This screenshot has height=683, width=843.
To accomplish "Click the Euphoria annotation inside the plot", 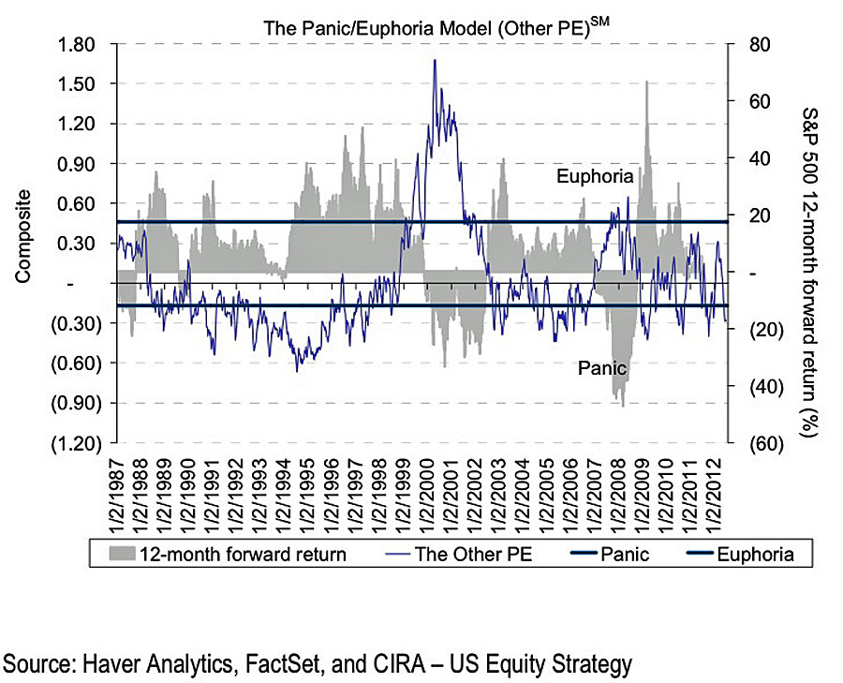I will (595, 176).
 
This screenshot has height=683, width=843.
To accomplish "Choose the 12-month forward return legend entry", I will (242, 555).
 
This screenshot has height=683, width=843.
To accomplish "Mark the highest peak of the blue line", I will (435, 60).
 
